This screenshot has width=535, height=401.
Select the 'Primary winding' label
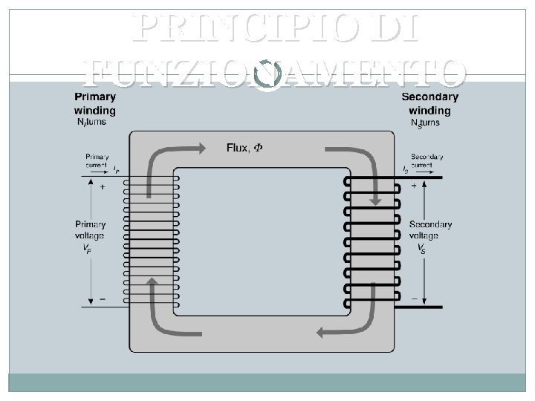(x=94, y=103)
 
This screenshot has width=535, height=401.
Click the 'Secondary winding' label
(x=429, y=103)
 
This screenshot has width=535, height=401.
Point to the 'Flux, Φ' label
(x=244, y=148)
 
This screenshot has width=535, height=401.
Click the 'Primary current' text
(x=97, y=161)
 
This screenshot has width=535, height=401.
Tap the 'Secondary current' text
(x=427, y=161)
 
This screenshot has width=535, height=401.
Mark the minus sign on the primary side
(x=102, y=299)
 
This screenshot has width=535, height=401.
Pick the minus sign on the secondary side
(x=413, y=296)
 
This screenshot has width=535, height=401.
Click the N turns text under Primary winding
(x=92, y=123)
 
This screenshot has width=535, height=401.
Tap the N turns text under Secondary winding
(x=425, y=123)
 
